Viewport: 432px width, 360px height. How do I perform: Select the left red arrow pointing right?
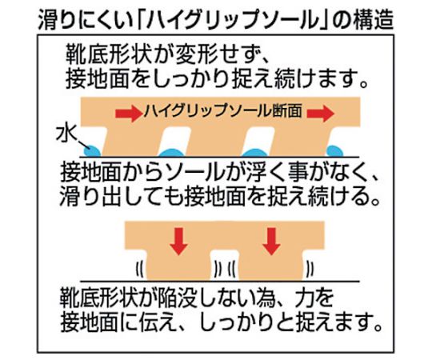[128, 114]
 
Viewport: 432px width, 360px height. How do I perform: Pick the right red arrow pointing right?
[321, 114]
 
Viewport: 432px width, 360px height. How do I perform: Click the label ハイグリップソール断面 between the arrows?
[223, 111]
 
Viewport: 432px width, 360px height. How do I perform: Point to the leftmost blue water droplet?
[92, 150]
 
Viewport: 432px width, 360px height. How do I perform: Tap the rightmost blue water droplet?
[334, 151]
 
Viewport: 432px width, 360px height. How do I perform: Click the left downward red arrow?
[179, 242]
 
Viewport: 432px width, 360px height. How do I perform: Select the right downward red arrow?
[272, 242]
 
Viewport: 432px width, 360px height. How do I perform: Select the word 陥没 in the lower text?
[175, 298]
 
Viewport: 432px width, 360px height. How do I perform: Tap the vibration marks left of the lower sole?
[140, 269]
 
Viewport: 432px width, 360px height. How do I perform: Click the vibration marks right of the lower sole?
[310, 269]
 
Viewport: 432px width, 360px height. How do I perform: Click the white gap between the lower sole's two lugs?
[225, 265]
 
